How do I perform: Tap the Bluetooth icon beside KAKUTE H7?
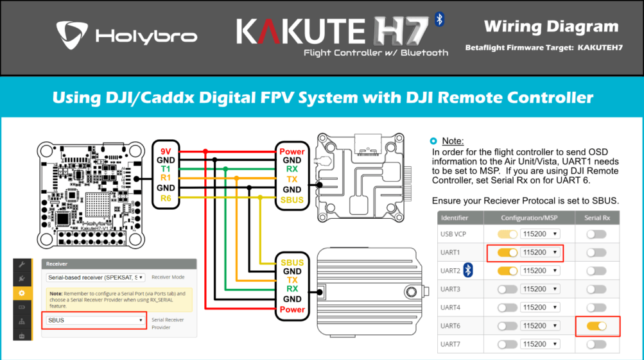tap(440, 19)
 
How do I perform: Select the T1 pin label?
tap(165, 168)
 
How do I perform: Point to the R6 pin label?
tap(165, 199)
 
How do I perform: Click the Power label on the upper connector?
tap(292, 151)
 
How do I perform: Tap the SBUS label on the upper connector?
tap(292, 200)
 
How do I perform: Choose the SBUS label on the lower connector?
tap(292, 262)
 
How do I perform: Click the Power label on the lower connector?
tap(292, 309)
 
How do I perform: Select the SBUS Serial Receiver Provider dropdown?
tap(94, 320)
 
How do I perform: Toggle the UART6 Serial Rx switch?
tap(596, 326)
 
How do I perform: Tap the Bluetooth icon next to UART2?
tap(468, 271)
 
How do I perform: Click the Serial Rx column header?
tap(596, 218)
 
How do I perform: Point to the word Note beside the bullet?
tap(453, 141)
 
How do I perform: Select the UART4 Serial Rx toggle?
tap(596, 308)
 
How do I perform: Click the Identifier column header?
tap(455, 218)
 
